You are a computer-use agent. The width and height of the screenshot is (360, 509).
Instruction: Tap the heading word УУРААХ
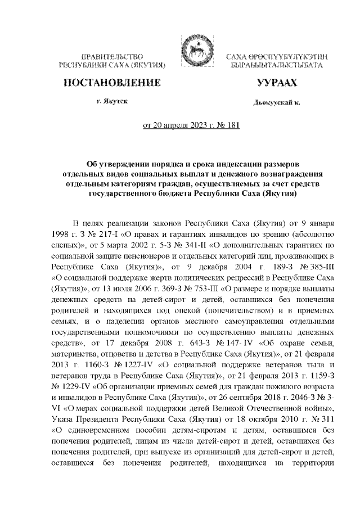(x=276, y=84)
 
